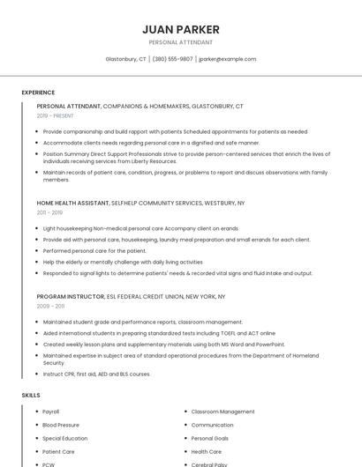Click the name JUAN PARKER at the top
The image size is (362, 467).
click(181, 29)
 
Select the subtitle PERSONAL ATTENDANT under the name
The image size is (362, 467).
click(181, 42)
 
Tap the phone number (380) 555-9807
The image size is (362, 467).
click(172, 59)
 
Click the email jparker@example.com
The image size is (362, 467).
click(227, 59)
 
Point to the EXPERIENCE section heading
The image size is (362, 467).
click(38, 93)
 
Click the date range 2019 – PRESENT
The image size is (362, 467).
click(56, 115)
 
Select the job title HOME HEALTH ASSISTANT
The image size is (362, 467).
click(72, 203)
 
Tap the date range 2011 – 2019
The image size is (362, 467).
click(49, 212)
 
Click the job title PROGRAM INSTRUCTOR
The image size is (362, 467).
click(69, 297)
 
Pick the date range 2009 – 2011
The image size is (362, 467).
click(50, 307)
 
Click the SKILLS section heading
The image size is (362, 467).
click(31, 396)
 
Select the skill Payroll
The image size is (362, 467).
click(51, 411)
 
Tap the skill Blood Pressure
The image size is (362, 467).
click(61, 425)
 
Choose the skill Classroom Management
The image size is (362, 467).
click(222, 411)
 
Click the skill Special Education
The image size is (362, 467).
click(65, 438)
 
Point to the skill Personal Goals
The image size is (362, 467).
click(210, 438)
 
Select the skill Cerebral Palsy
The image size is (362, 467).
click(209, 463)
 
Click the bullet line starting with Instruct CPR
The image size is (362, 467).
click(97, 374)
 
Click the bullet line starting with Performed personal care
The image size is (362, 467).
click(95, 250)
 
